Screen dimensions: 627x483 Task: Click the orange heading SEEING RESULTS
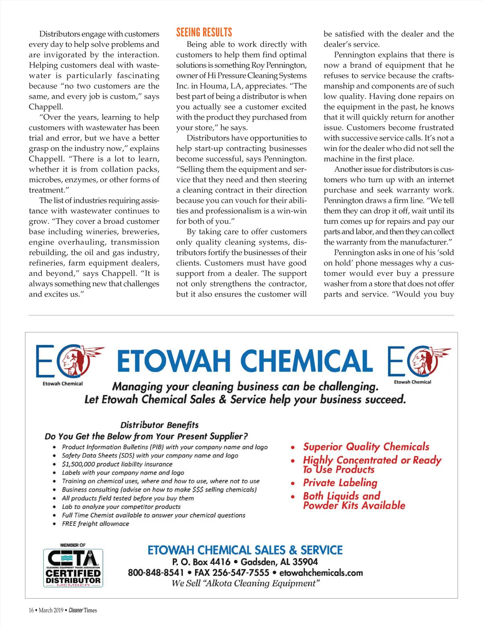[204, 33]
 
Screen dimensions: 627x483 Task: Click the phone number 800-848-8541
[156, 572]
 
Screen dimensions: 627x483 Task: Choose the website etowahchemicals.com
[321, 572]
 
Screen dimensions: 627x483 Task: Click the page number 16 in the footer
[31, 610]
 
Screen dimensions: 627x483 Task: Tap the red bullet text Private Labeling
[340, 483]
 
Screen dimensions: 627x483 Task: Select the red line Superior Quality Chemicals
[366, 447]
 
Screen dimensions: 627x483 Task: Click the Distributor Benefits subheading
[159, 425]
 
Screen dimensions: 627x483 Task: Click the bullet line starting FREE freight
[95, 524]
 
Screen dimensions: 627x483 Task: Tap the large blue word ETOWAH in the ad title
[174, 361]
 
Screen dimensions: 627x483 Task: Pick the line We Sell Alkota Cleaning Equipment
[246, 583]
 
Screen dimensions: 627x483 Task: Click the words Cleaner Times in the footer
[83, 610]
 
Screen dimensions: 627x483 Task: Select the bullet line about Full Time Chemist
[153, 515]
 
